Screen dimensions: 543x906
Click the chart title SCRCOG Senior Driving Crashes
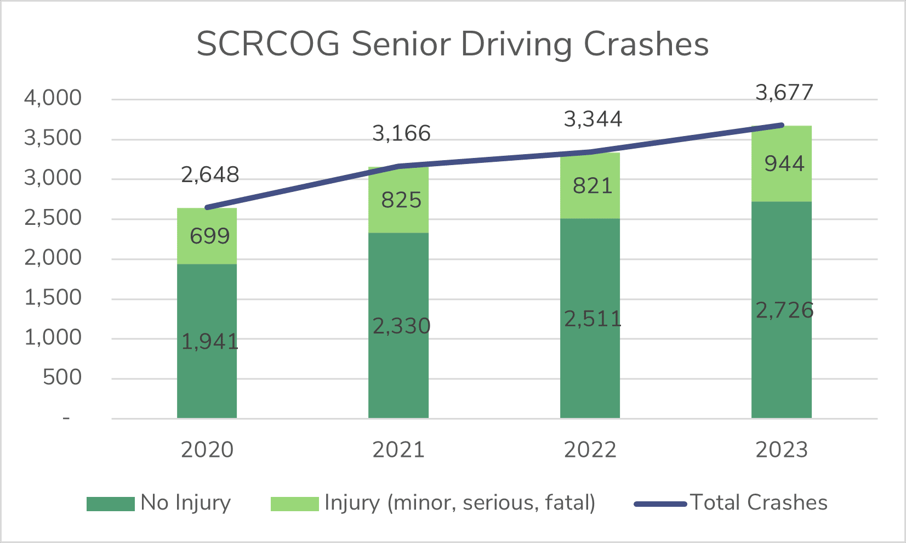452,44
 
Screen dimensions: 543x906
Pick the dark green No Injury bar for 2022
590,373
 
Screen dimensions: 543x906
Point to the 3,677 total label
784,92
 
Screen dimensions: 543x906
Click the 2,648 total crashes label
210,175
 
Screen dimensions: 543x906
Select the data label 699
209,236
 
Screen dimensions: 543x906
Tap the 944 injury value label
784,164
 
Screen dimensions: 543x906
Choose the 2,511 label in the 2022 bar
593,319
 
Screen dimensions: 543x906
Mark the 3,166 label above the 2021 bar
401,133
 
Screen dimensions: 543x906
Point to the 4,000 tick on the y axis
53,99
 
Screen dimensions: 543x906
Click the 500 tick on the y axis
62,378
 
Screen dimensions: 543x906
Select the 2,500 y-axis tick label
53,218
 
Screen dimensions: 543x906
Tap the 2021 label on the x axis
398,450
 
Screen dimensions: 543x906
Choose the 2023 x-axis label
782,450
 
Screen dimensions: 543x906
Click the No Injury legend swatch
110,504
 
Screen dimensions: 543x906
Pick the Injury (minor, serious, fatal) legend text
459,503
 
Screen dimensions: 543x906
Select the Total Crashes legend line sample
660,504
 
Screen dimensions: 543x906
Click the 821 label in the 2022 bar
592,186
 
